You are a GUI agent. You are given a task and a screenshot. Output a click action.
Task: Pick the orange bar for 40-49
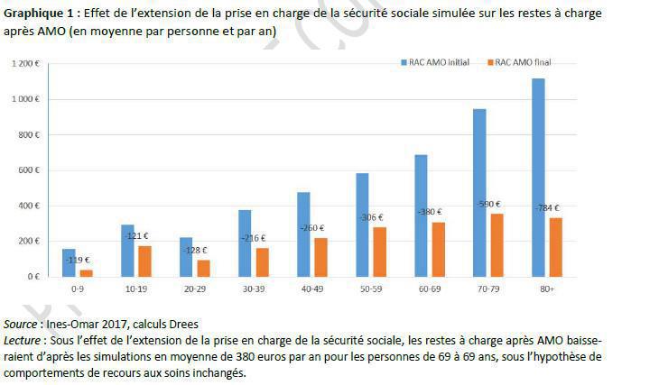pos(321,257)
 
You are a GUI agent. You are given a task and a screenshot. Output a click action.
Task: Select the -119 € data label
pos(77,260)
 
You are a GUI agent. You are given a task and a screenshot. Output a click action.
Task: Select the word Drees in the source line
pos(181,324)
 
